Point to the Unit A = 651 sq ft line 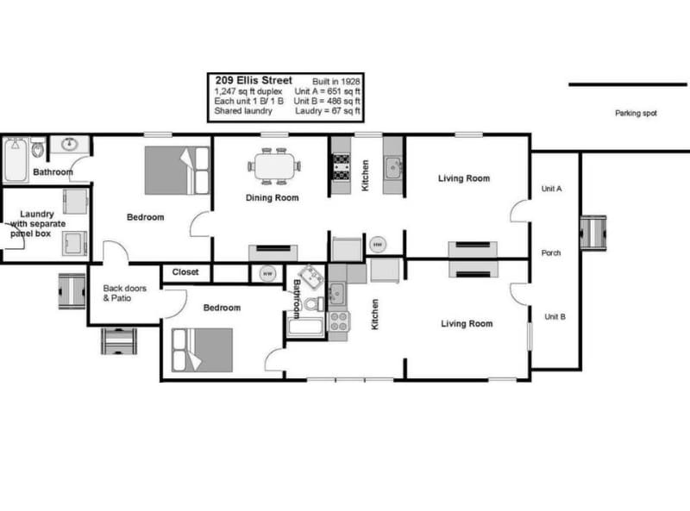point(327,90)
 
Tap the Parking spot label point(636,113)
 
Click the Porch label point(551,252)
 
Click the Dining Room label point(273,197)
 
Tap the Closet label point(185,272)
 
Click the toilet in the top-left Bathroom point(38,150)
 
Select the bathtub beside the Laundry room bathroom point(16,161)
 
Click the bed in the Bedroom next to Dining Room point(177,170)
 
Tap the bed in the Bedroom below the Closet point(203,350)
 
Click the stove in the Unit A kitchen point(340,165)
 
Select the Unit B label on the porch point(554,316)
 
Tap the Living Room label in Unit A point(464,178)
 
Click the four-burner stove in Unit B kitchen point(339,321)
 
